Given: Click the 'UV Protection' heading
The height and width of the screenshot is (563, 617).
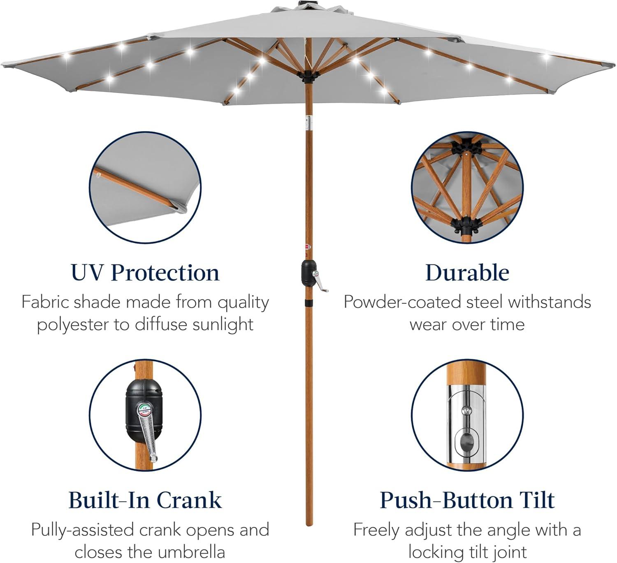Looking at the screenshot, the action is pyautogui.click(x=145, y=273).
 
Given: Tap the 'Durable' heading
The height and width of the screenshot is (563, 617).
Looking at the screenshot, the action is pyautogui.click(x=467, y=273).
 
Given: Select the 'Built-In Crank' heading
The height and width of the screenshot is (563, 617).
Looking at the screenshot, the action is pyautogui.click(x=145, y=500).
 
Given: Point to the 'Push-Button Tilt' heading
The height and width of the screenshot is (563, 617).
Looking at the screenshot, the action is pyautogui.click(x=467, y=500).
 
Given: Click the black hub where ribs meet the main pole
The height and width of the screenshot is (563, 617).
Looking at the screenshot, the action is pyautogui.click(x=308, y=76).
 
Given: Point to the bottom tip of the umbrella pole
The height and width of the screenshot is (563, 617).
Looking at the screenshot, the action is pyautogui.click(x=309, y=525).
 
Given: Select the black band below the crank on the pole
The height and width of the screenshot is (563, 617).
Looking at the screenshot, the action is pyautogui.click(x=309, y=302).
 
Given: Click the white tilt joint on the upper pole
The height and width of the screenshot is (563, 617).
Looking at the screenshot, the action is pyautogui.click(x=308, y=123).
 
